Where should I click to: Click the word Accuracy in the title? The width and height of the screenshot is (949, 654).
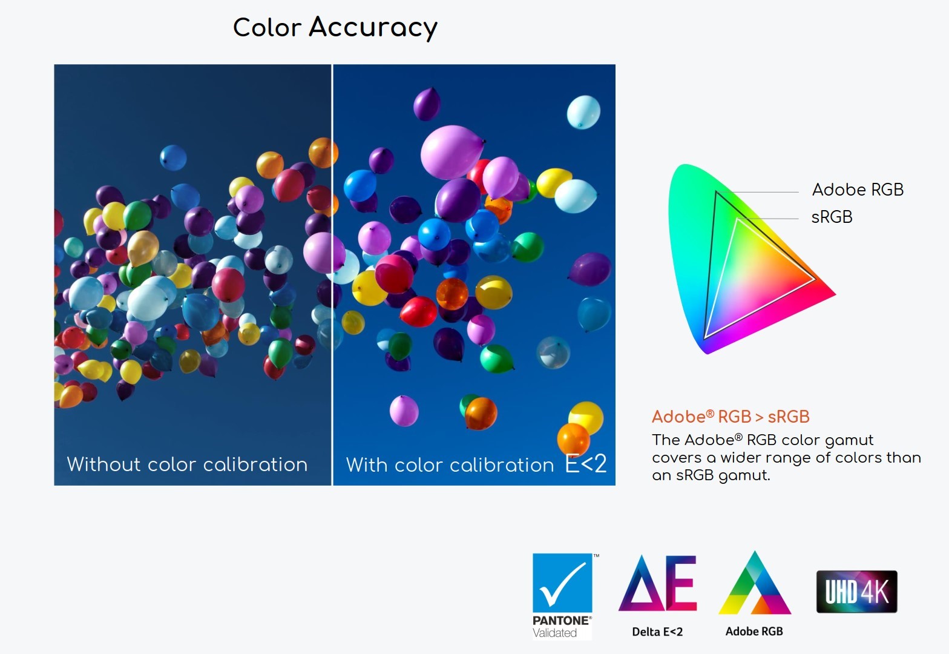tap(373, 28)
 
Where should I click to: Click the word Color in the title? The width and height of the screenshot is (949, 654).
tap(267, 28)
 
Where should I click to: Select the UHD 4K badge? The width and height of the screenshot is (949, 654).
tap(856, 591)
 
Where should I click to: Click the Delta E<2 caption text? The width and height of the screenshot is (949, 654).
tap(657, 632)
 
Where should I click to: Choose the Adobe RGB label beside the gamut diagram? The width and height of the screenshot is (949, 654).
tap(858, 190)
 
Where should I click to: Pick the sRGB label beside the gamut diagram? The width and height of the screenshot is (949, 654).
tap(831, 217)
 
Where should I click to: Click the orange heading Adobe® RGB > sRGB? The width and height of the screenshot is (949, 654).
tap(731, 417)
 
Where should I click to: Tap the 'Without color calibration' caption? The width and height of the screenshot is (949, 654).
tap(187, 464)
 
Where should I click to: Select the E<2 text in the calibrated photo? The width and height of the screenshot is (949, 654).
tap(586, 464)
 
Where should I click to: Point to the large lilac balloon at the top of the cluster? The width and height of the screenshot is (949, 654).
tap(453, 152)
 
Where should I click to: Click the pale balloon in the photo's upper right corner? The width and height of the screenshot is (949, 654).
tap(583, 112)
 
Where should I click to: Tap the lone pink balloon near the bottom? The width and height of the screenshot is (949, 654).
tap(404, 411)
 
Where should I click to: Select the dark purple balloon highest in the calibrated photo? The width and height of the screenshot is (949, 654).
tap(427, 104)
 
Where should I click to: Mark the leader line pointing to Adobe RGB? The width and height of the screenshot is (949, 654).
tap(757, 193)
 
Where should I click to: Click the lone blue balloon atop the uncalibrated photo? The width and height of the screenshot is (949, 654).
tap(173, 157)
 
